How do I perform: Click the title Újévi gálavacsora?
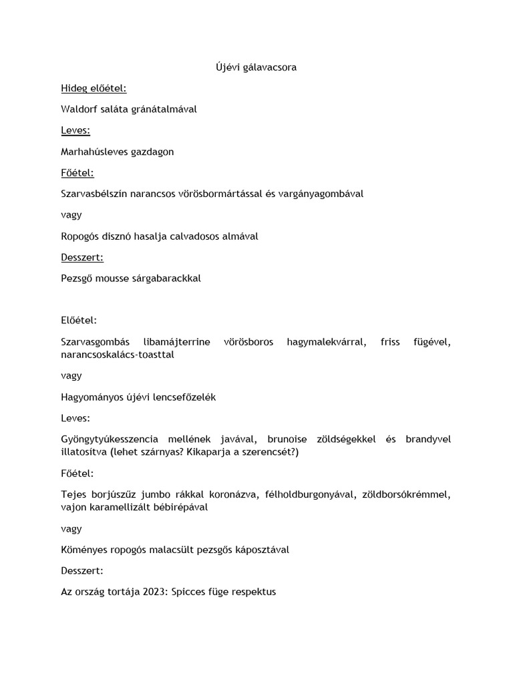256,67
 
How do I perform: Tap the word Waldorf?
78,109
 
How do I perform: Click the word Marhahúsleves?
92,152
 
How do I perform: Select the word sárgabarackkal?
166,279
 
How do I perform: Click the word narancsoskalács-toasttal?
117,354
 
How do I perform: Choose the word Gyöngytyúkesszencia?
109,439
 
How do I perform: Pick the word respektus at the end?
252,592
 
